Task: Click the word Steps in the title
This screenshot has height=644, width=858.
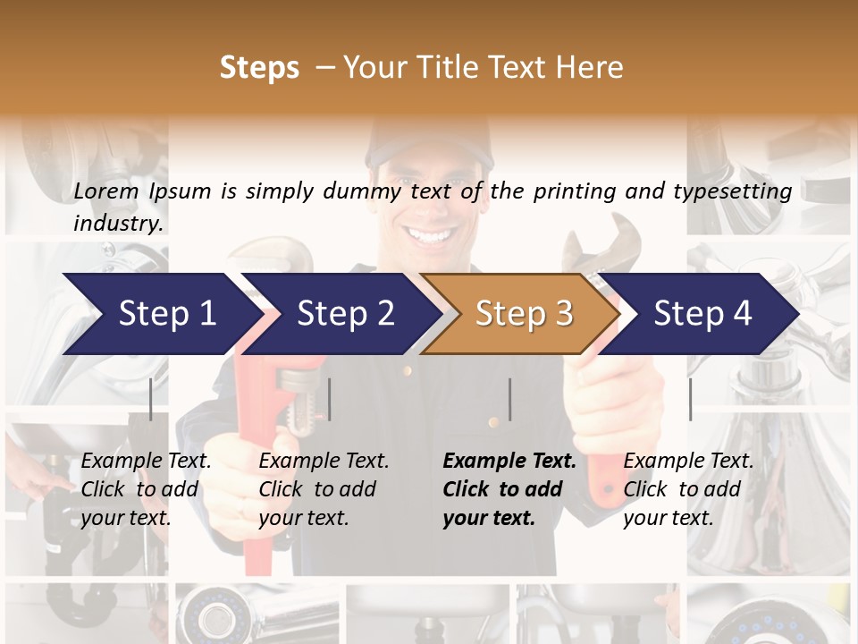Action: click(259, 68)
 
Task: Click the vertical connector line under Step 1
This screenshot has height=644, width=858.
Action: click(151, 399)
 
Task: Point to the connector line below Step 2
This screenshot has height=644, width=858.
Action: click(330, 399)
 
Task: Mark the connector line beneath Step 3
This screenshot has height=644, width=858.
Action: click(509, 399)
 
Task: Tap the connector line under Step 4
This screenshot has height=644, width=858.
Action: click(690, 399)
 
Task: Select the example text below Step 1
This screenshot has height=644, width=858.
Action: click(146, 489)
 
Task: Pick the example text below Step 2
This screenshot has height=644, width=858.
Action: click(324, 489)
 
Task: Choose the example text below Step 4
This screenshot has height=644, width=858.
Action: click(688, 489)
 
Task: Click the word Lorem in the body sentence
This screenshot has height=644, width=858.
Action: click(106, 191)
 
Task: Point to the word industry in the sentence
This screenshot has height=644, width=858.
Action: click(117, 224)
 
